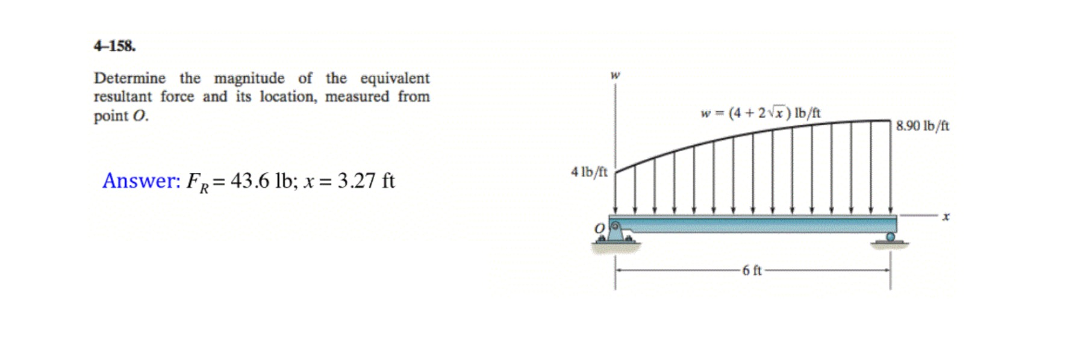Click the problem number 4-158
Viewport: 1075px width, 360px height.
[x=114, y=46]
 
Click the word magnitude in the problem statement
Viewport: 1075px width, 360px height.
[x=249, y=79]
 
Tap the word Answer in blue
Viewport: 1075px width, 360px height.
[x=141, y=181]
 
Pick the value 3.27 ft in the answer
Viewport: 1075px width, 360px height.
[x=366, y=181]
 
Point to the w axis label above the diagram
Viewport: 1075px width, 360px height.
[x=615, y=76]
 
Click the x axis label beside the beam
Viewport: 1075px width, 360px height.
[x=946, y=216]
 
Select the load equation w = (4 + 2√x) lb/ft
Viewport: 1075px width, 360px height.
[x=761, y=113]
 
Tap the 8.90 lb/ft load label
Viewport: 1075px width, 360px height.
[x=922, y=126]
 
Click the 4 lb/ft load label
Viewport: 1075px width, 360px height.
[x=589, y=172]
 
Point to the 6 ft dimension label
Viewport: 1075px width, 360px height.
[x=752, y=271]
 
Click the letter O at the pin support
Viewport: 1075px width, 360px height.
[x=599, y=229]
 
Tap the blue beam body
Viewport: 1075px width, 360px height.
[x=753, y=224]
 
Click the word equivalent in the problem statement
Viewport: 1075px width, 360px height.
[x=395, y=79]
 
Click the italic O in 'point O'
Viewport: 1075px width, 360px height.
[x=140, y=116]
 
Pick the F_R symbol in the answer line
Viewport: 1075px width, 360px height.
[x=197, y=182]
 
